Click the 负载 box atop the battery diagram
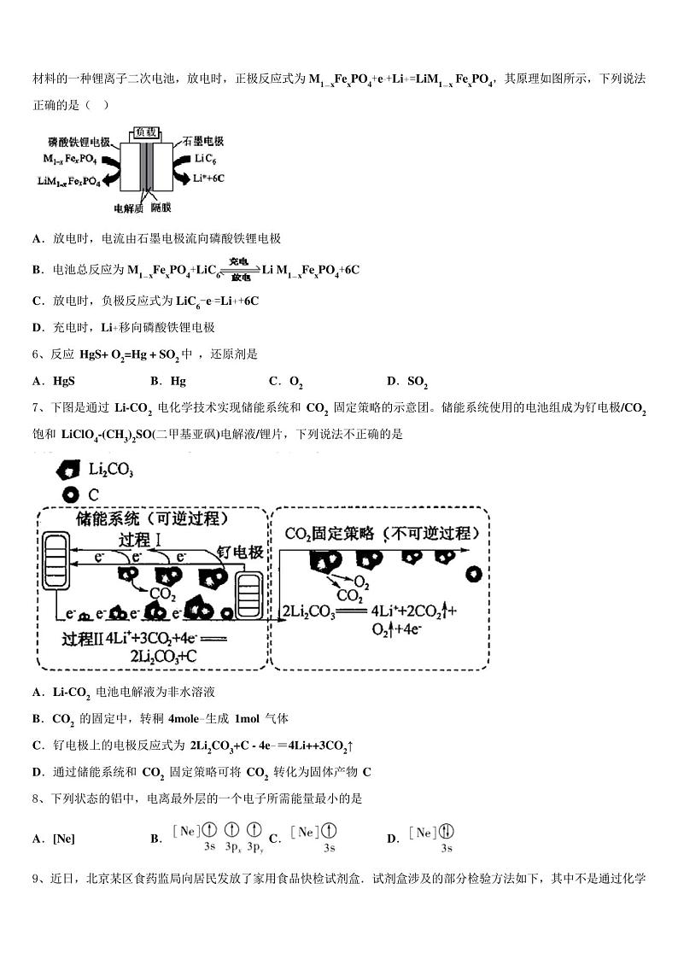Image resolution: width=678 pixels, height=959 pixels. click(x=146, y=132)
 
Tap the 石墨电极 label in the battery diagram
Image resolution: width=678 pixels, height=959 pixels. click(x=203, y=141)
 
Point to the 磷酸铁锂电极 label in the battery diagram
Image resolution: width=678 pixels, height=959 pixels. click(x=79, y=142)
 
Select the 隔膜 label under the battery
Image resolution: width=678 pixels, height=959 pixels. click(x=161, y=208)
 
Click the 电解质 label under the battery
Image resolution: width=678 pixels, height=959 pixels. click(x=128, y=208)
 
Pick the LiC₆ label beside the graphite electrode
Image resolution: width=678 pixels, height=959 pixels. click(x=206, y=159)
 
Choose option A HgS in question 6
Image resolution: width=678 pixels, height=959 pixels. click(x=54, y=381)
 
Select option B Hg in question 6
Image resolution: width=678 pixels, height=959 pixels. click(x=168, y=381)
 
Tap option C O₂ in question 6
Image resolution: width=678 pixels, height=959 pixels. click(x=286, y=382)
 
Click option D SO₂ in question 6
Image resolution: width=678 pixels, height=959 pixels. click(x=407, y=382)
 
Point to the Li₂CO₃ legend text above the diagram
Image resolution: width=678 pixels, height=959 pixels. click(x=111, y=470)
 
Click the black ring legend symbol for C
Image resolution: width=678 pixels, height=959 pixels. click(x=71, y=494)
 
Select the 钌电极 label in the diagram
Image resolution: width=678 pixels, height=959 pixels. click(x=240, y=552)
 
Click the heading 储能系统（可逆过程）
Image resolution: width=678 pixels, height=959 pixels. click(x=152, y=518)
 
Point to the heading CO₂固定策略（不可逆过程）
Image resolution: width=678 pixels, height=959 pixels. click(x=382, y=534)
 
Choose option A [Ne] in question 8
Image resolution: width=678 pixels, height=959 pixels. click(x=54, y=839)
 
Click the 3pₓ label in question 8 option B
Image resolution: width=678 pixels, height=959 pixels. click(x=232, y=846)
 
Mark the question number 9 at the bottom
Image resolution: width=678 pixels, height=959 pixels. click(x=36, y=879)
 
